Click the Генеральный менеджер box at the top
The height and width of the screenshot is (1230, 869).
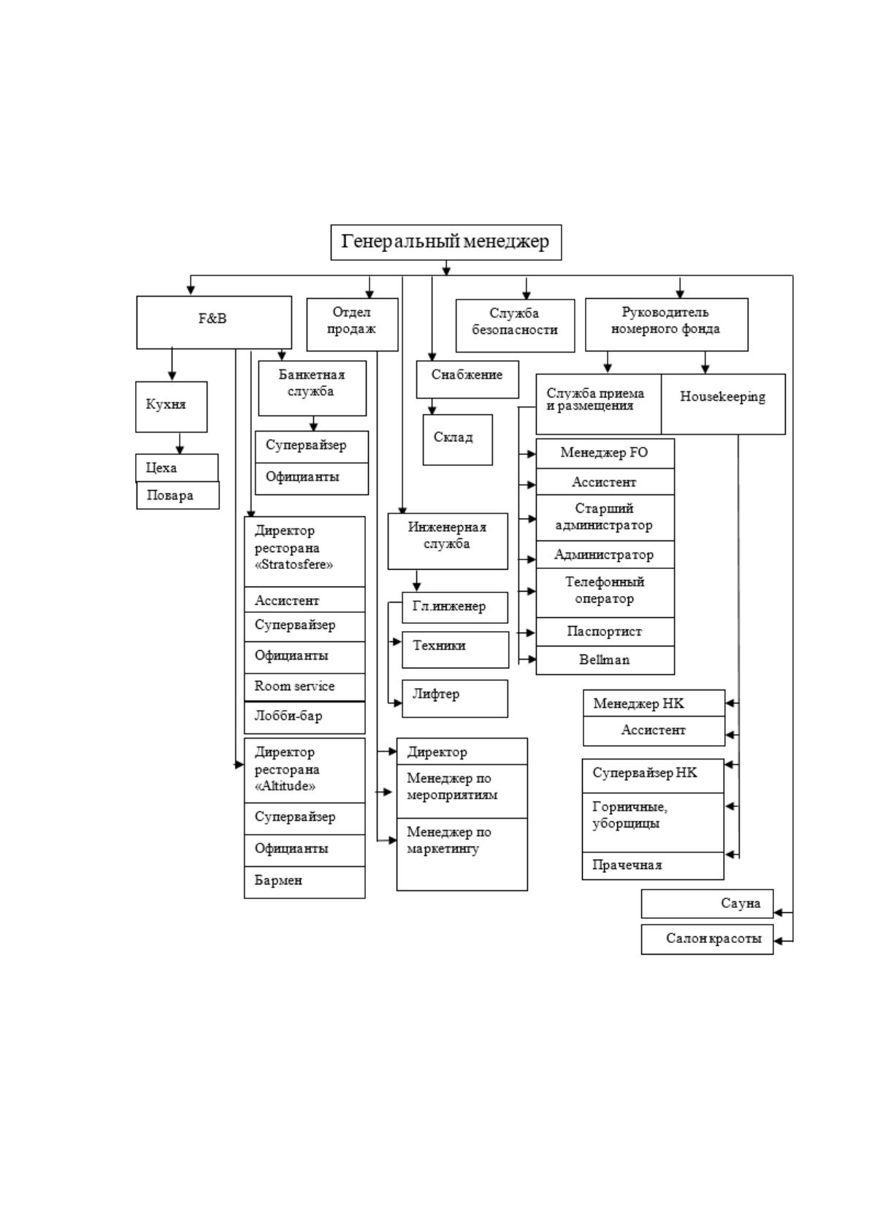point(445,242)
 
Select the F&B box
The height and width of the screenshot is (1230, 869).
point(214,322)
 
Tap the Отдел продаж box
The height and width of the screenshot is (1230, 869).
point(353,324)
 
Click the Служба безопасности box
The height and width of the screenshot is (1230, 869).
point(515,326)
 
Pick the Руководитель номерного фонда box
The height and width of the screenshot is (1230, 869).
point(667,324)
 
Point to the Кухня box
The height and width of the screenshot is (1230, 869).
point(172,407)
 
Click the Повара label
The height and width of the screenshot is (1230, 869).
point(170,495)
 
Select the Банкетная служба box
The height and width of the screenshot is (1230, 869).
point(313,389)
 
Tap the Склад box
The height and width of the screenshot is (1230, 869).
point(457,440)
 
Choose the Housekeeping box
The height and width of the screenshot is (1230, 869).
point(723,404)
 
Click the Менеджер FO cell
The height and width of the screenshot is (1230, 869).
point(605,454)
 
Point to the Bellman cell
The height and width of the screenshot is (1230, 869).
point(605,660)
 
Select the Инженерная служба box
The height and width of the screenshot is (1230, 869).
point(448,541)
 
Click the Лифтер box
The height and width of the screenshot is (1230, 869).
point(454,698)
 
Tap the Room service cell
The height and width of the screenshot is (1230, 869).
point(305,687)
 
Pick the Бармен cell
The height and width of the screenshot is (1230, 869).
point(305,882)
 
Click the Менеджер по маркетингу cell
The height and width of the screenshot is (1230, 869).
point(462,855)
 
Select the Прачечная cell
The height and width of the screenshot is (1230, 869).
point(653,866)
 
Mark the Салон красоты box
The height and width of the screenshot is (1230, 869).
point(707,939)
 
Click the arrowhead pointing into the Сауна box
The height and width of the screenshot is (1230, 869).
point(777,912)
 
